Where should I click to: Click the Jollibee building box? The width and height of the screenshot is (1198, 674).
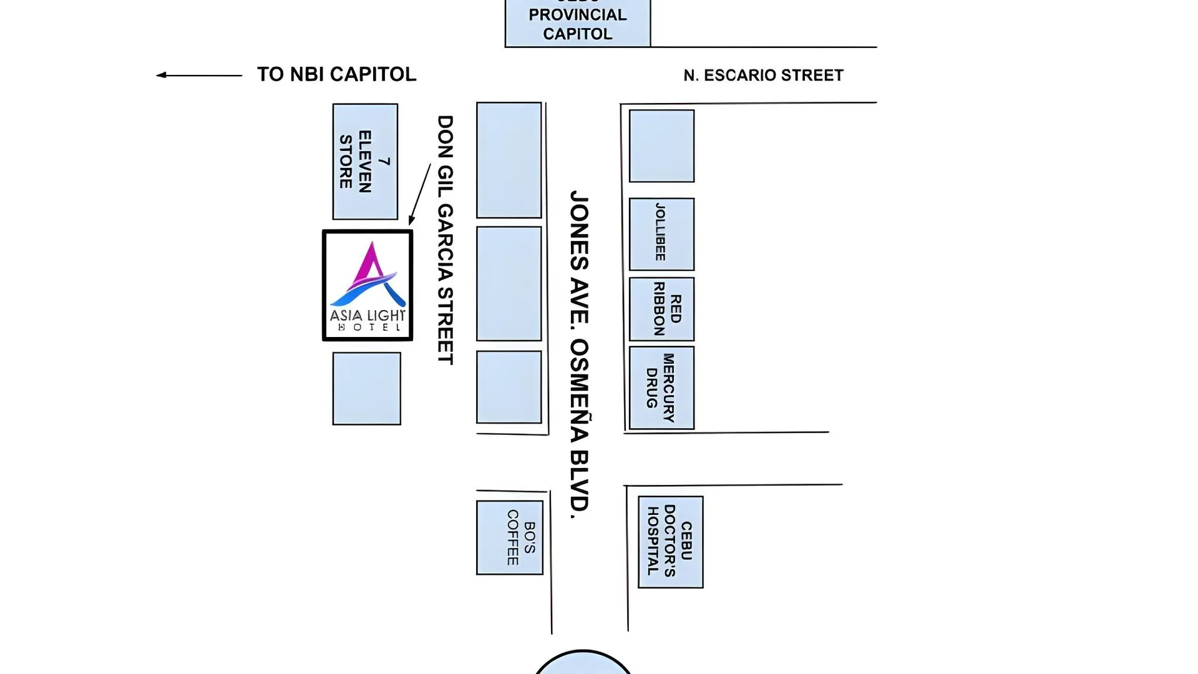661,234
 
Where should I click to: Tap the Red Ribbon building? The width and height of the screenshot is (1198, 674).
661,309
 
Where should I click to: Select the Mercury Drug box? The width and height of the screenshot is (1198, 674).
661,388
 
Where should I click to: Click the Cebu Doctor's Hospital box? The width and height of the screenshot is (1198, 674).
671,542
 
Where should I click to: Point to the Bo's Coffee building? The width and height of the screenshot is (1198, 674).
509,537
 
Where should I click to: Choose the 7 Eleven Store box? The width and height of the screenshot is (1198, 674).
365,162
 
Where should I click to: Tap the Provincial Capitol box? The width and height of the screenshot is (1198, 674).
578,23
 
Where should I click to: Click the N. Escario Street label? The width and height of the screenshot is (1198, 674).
763,76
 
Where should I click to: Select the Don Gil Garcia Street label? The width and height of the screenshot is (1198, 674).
445,240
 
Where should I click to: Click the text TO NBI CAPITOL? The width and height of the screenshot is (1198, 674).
336,74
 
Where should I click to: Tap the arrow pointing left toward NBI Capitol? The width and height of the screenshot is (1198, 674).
198,76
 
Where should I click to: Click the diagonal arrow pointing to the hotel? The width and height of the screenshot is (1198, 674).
420,193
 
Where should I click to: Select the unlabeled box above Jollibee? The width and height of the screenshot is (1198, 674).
661,146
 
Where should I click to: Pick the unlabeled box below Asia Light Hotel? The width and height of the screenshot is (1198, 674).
366,388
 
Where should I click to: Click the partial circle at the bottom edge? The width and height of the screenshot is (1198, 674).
583,663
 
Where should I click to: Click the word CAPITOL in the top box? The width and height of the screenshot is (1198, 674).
578,34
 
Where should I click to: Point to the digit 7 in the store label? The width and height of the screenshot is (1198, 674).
384,162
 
